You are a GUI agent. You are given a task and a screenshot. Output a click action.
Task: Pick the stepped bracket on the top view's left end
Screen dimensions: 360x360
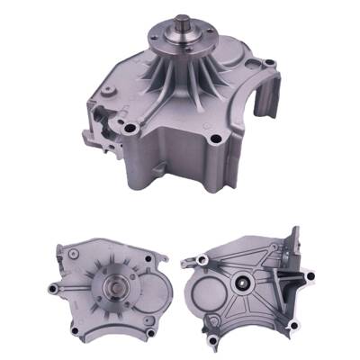pyautogui.click(x=103, y=126)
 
